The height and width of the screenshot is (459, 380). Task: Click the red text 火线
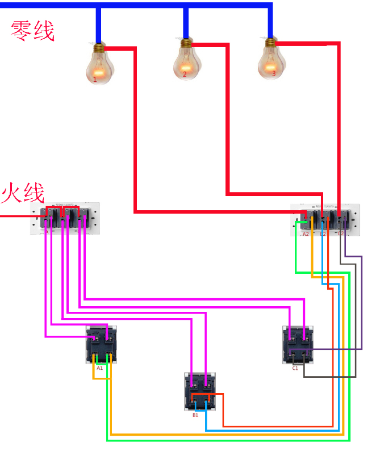click(23, 193)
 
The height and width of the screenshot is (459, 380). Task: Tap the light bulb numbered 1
click(99, 64)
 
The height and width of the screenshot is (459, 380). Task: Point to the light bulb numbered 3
click(272, 60)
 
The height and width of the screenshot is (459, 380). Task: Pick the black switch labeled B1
click(201, 391)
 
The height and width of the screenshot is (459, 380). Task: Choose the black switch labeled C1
click(298, 345)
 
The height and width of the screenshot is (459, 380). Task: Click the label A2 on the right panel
click(306, 234)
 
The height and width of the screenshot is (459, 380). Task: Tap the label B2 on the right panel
click(323, 234)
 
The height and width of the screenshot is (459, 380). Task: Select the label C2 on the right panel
click(341, 233)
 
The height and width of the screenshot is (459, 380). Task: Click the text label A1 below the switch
click(99, 368)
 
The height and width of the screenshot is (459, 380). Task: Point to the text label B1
click(195, 415)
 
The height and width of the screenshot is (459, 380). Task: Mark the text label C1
click(295, 368)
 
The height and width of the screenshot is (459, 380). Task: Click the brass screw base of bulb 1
click(99, 47)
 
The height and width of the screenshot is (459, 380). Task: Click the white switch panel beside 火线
click(65, 218)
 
